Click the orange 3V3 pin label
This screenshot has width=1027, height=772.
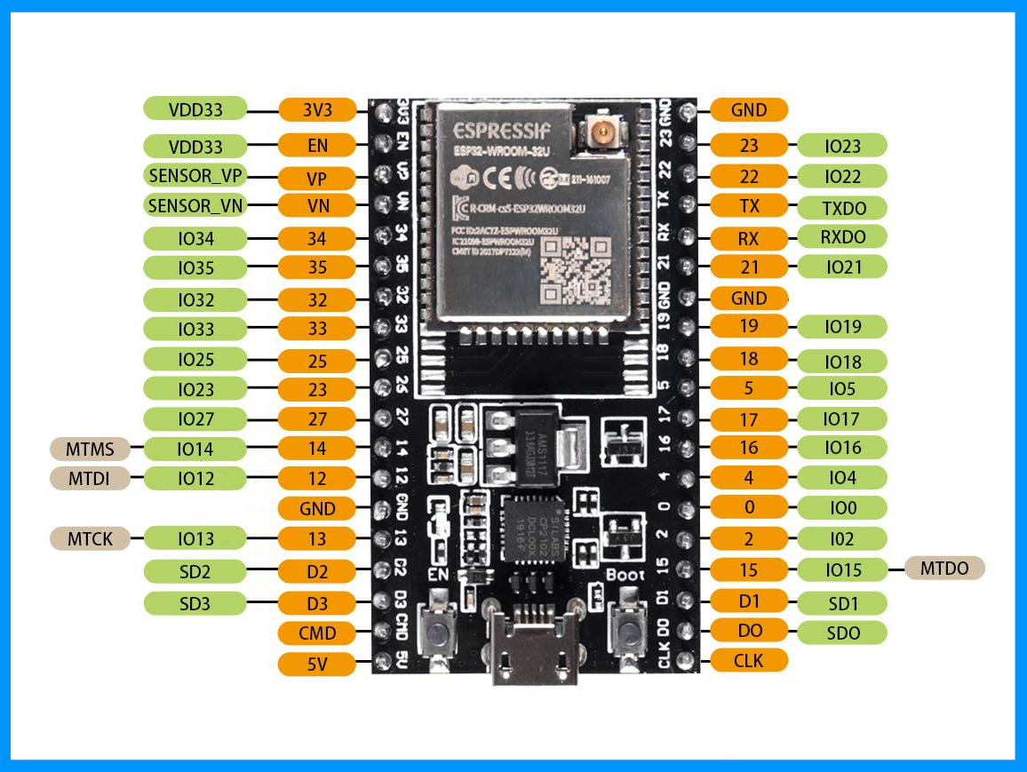tap(317, 109)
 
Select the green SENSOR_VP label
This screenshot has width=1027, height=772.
tap(195, 175)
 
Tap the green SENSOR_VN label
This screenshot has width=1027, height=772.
tap(195, 206)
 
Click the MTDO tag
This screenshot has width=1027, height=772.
tap(944, 569)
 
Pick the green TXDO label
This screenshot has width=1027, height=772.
tap(842, 208)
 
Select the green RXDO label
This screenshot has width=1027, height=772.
tap(842, 236)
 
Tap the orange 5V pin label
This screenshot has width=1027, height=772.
tap(317, 663)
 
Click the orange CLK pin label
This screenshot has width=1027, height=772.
tap(749, 660)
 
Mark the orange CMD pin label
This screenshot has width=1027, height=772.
tap(317, 633)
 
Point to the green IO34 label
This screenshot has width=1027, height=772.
tap(195, 238)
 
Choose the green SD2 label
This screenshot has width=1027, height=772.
tap(195, 570)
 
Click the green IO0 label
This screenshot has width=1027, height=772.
tap(842, 508)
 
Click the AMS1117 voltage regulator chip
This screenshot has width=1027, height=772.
tap(532, 442)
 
